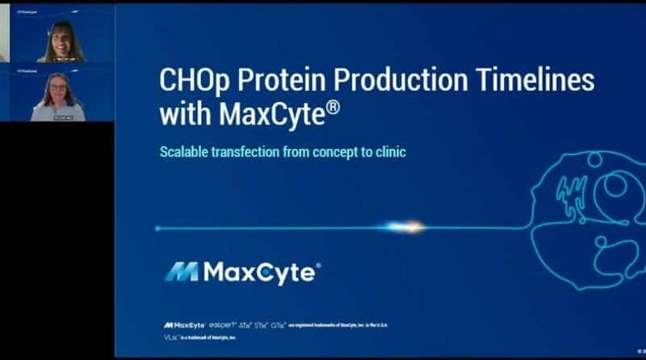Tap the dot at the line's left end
point(158,228)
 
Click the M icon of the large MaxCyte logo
point(181,273)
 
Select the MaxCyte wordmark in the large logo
point(259,273)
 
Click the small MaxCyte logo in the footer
point(184,324)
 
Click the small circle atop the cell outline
point(594,159)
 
